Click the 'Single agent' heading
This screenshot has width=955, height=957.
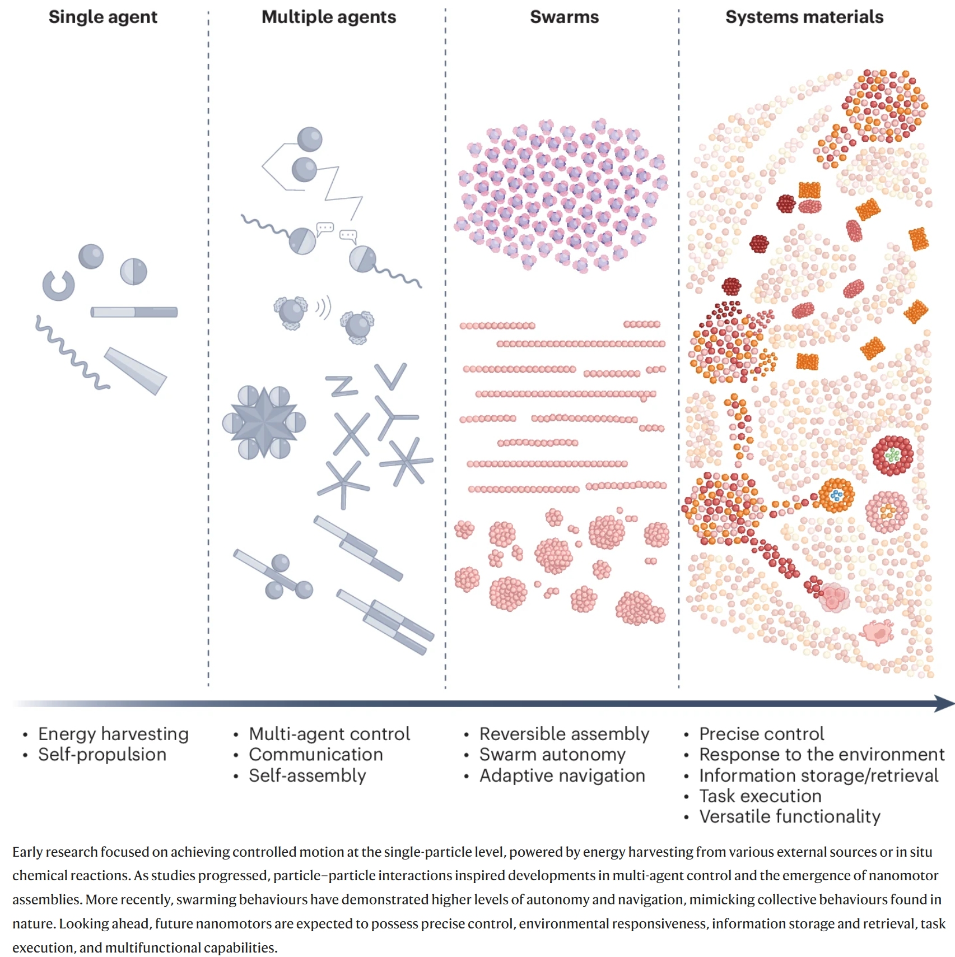pos(103,17)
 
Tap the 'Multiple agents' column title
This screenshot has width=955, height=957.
pos(329,17)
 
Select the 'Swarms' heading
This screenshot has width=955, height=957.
pos(564,17)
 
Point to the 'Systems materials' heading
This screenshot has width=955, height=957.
pos(804,17)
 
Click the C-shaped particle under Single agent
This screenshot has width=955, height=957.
pos(58,285)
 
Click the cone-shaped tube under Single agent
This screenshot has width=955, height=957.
pos(136,370)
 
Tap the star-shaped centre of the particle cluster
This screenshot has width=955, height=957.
pos(264,422)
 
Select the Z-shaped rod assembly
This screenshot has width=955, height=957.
pos(342,385)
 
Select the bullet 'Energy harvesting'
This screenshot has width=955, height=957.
pos(113,733)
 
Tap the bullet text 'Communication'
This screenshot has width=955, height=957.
pos(316,754)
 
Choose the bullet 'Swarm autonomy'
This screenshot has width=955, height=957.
pos(552,754)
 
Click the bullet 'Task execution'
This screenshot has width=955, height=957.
pos(760,796)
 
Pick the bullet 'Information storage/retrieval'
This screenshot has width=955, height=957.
pos(818,775)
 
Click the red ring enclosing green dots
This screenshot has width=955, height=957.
pos(892,456)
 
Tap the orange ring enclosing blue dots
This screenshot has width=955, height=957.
pos(836,495)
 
